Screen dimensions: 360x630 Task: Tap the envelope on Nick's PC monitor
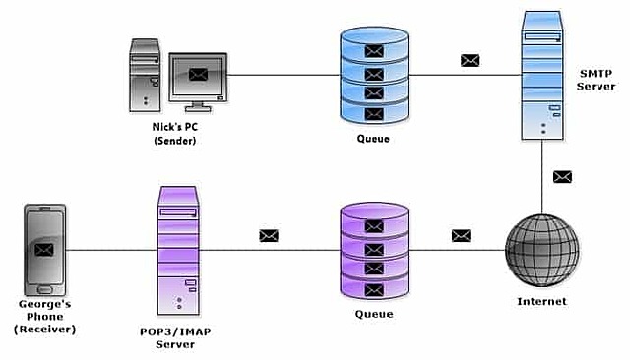(199, 74)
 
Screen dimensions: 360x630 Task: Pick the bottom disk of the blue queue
(373, 112)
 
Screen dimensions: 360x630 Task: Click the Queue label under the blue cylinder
(373, 139)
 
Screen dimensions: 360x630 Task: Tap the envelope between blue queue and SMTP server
(470, 60)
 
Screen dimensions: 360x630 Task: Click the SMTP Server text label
(597, 81)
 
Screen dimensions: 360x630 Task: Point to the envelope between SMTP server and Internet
(561, 177)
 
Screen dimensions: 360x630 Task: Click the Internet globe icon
(541, 250)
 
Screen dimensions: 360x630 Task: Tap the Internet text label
(541, 301)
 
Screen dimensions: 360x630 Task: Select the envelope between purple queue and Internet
(460, 235)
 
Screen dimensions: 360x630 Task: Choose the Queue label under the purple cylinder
(374, 314)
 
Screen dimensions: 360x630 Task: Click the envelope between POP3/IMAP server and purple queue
(269, 235)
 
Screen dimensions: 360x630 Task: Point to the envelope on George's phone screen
(43, 250)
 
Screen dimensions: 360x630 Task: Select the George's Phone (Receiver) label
(43, 316)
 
